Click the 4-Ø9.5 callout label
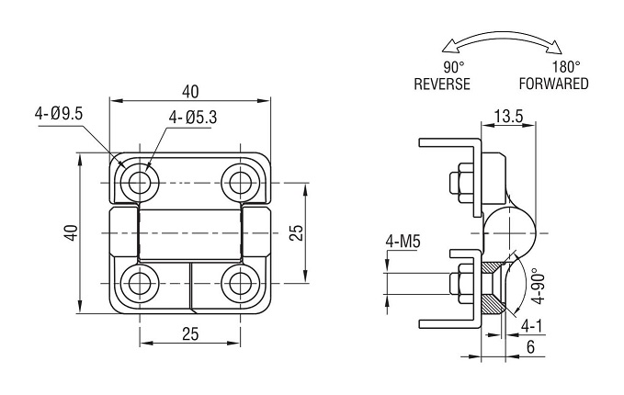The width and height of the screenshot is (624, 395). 59,114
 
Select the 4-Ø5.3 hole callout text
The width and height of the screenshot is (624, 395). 193,117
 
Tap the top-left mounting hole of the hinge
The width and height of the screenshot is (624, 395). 140,183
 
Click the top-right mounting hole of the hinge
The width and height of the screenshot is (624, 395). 241,183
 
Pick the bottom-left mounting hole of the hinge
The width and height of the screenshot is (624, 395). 140,283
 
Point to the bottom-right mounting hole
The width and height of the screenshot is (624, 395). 241,283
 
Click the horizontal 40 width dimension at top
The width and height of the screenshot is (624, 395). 190,92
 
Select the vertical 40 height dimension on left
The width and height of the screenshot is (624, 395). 72,232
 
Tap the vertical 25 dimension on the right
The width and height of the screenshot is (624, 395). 297,232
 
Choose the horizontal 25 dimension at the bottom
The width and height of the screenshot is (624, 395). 190,334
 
